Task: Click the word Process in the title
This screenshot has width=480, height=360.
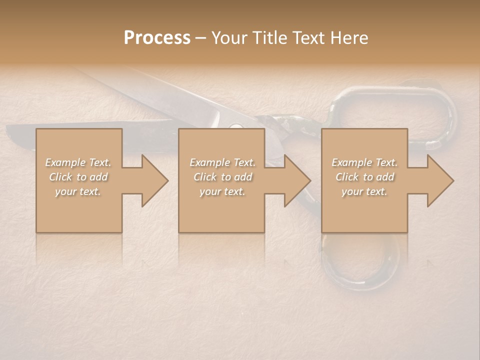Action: click(x=157, y=38)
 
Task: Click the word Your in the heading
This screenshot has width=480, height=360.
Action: click(x=229, y=38)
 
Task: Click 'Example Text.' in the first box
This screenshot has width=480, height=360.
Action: click(x=78, y=162)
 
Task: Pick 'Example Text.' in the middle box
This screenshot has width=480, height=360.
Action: click(x=222, y=162)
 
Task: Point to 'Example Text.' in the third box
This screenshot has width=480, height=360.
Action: click(x=364, y=162)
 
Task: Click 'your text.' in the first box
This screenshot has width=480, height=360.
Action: click(x=78, y=191)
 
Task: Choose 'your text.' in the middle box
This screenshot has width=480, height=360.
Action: click(x=222, y=191)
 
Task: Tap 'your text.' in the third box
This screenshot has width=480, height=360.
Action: click(x=364, y=191)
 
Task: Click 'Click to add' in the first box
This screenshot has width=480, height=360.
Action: click(x=78, y=177)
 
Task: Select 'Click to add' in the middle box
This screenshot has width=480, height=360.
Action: click(x=222, y=177)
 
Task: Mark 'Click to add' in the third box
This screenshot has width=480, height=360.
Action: click(x=364, y=177)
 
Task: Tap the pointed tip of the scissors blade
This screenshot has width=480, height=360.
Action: click(x=10, y=132)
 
